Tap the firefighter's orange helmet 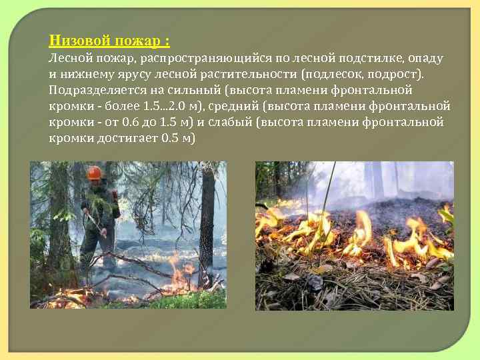94,173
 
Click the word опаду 425,58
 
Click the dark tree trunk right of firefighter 207,220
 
